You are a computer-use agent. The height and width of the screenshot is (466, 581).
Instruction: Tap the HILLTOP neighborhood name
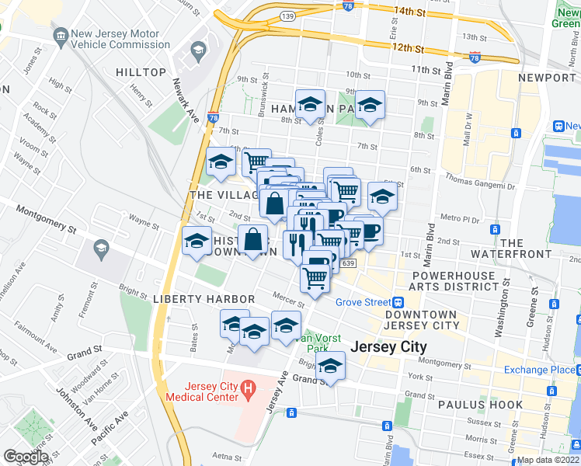click(141, 72)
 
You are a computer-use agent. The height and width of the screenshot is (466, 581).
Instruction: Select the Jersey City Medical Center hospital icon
click(248, 388)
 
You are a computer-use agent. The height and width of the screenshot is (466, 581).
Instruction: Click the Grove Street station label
click(361, 302)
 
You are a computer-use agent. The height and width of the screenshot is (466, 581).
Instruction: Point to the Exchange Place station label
click(537, 370)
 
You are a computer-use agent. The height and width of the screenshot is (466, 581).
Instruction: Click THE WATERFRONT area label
click(534, 250)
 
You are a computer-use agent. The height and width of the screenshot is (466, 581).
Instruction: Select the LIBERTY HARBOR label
click(204, 299)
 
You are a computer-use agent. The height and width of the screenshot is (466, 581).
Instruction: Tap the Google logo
click(26, 456)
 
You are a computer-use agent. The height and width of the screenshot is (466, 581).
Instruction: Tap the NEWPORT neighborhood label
click(548, 78)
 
